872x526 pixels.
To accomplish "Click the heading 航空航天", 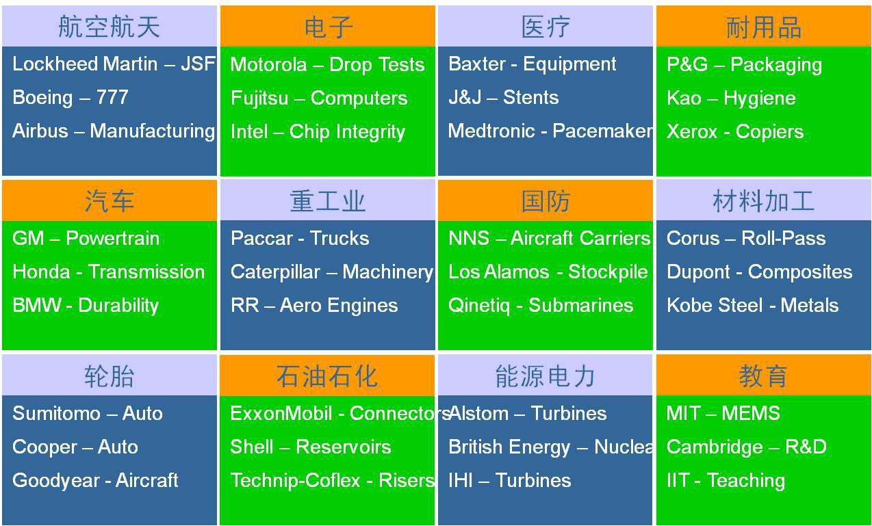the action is pos(109,27).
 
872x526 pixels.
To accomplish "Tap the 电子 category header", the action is pos(328,27).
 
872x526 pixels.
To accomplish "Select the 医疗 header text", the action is pos(546,27).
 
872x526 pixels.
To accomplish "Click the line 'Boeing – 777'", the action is pos(70,97).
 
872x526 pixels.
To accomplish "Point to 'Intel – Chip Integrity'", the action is pos(318,132).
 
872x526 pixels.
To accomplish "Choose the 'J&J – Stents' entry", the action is pos(503,97).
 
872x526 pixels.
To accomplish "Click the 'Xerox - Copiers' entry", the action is pos(735,131).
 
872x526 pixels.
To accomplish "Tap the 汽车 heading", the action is pos(110,201).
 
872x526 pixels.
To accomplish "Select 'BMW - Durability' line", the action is pos(86,305).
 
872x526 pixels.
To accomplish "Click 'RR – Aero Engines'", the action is pos(314,305).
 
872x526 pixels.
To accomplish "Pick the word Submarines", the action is pos(581,305).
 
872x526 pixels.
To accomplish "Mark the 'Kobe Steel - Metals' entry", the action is pos(752,305).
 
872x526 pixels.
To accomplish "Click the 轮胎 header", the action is pos(110,376).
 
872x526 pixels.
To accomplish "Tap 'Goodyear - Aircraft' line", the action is pos(95,480).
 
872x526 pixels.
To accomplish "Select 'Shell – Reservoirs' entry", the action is pos(311,447).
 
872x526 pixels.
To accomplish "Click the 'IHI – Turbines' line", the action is pos(509,480).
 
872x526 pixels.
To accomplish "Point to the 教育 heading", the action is pos(763,376).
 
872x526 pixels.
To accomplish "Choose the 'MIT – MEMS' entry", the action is pos(723,413).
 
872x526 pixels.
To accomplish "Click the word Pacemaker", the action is pos(602,131).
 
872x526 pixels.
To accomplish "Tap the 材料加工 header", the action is pos(763,201).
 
